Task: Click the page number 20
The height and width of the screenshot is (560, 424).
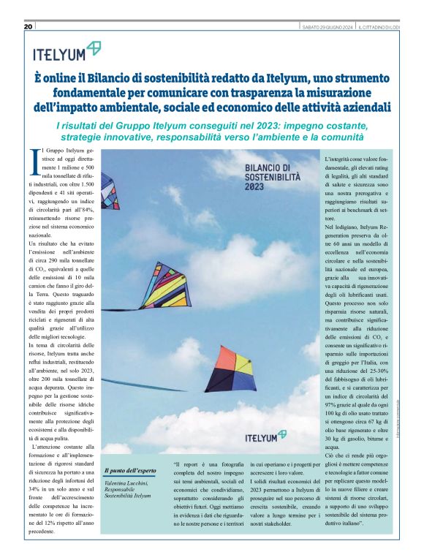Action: pos(29,27)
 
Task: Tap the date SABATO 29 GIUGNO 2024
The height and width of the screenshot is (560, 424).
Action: pos(328,27)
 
